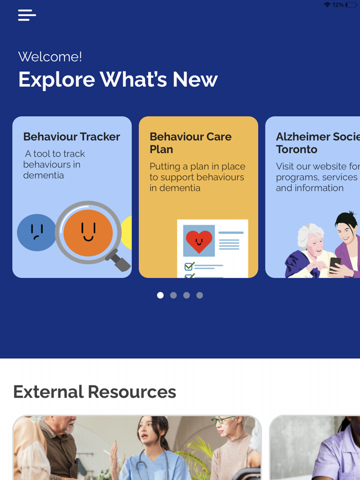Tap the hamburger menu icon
coord(27,15)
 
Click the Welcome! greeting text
coord(50,57)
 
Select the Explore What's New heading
coord(118,80)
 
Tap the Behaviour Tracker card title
coord(71,137)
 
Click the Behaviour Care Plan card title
coord(190,143)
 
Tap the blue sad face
coord(36,233)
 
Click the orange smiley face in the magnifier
coord(88,233)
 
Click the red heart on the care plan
coord(199,241)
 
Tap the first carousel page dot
coord(160,295)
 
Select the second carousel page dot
coord(173,295)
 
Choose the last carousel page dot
coord(200,295)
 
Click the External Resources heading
coord(95,392)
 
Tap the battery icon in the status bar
coord(351,5)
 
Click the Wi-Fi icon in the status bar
coord(327,5)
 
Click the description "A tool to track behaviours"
coord(54,164)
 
